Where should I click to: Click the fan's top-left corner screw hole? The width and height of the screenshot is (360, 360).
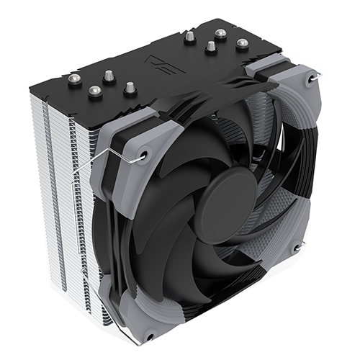tap(143, 153)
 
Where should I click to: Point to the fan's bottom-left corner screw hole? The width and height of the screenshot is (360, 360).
tap(149, 336)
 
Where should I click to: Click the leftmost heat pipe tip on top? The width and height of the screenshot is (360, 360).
tap(74, 80)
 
